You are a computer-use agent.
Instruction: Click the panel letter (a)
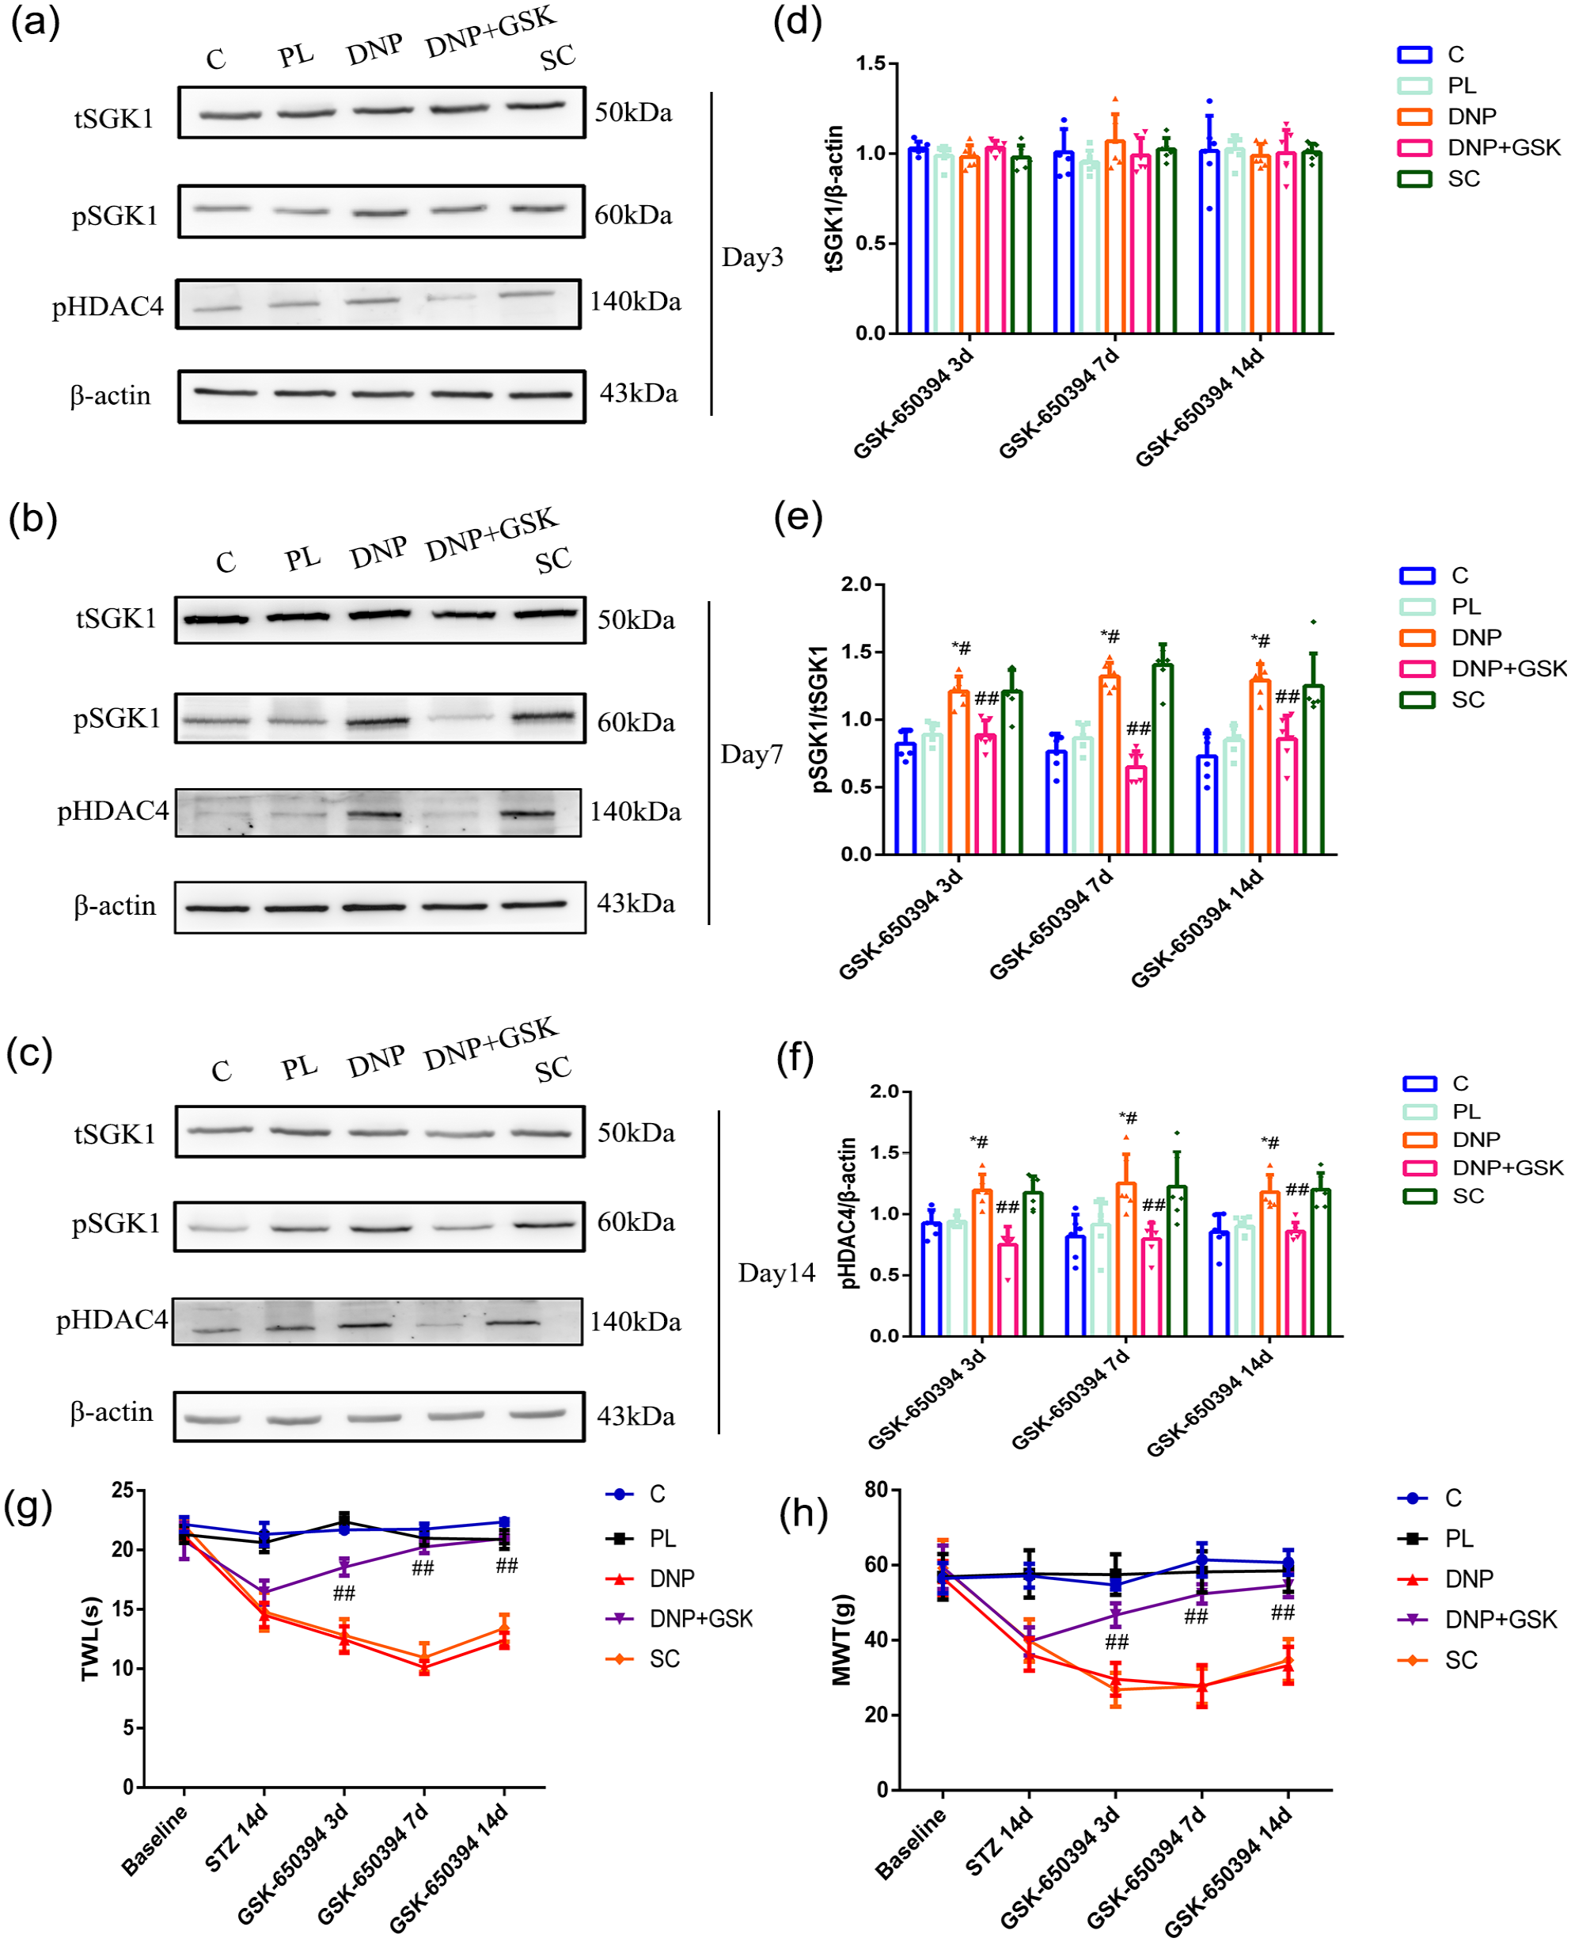[x=34, y=21]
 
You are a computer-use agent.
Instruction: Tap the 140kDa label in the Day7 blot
[x=636, y=811]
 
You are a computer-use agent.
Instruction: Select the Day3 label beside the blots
[x=752, y=257]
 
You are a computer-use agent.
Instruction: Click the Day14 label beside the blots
[x=776, y=1273]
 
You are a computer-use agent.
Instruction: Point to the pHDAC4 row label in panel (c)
[x=112, y=1320]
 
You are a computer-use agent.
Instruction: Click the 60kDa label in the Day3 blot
[x=633, y=215]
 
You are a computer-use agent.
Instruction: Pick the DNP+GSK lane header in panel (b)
[x=492, y=534]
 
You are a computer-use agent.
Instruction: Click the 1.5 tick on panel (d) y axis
[x=871, y=63]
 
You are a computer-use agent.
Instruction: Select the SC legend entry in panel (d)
[x=1439, y=178]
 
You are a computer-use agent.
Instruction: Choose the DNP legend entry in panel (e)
[x=1451, y=638]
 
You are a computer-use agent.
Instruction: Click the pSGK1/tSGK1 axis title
[x=819, y=719]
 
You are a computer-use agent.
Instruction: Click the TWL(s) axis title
[x=90, y=1639]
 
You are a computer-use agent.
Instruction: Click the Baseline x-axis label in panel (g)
[x=156, y=1841]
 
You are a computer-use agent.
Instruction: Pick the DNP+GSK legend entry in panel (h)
[x=1477, y=1619]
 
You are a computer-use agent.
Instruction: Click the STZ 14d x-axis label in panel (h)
[x=999, y=1841]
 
